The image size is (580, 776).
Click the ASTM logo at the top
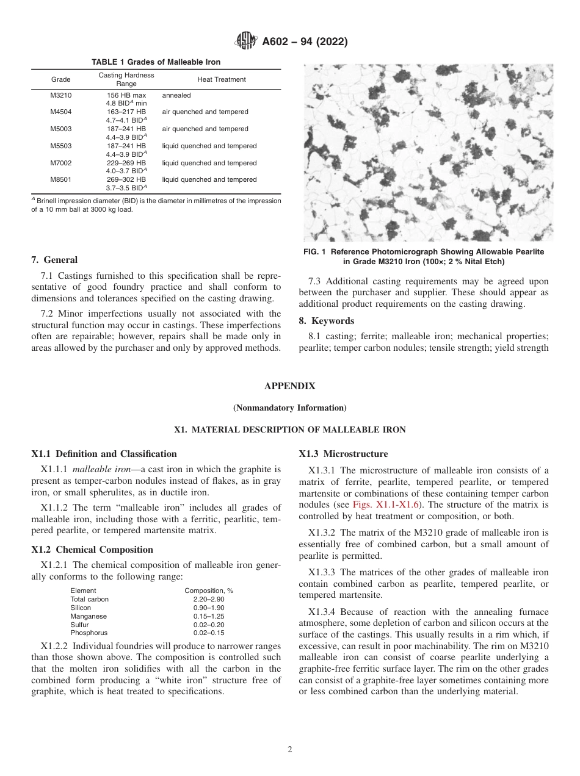[245, 41]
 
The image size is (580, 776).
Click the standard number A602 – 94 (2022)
[305, 42]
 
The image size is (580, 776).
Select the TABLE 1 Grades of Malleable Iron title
[156, 62]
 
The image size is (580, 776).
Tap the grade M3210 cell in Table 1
[60, 95]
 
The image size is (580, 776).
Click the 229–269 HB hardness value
[126, 163]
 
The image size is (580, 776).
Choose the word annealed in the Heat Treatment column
[176, 95]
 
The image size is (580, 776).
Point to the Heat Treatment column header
[221, 79]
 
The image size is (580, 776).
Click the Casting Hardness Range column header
[126, 79]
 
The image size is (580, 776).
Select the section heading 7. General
[54, 260]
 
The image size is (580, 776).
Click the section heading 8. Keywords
[326, 321]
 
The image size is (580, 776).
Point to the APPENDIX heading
[290, 386]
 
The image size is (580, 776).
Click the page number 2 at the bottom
[290, 750]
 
